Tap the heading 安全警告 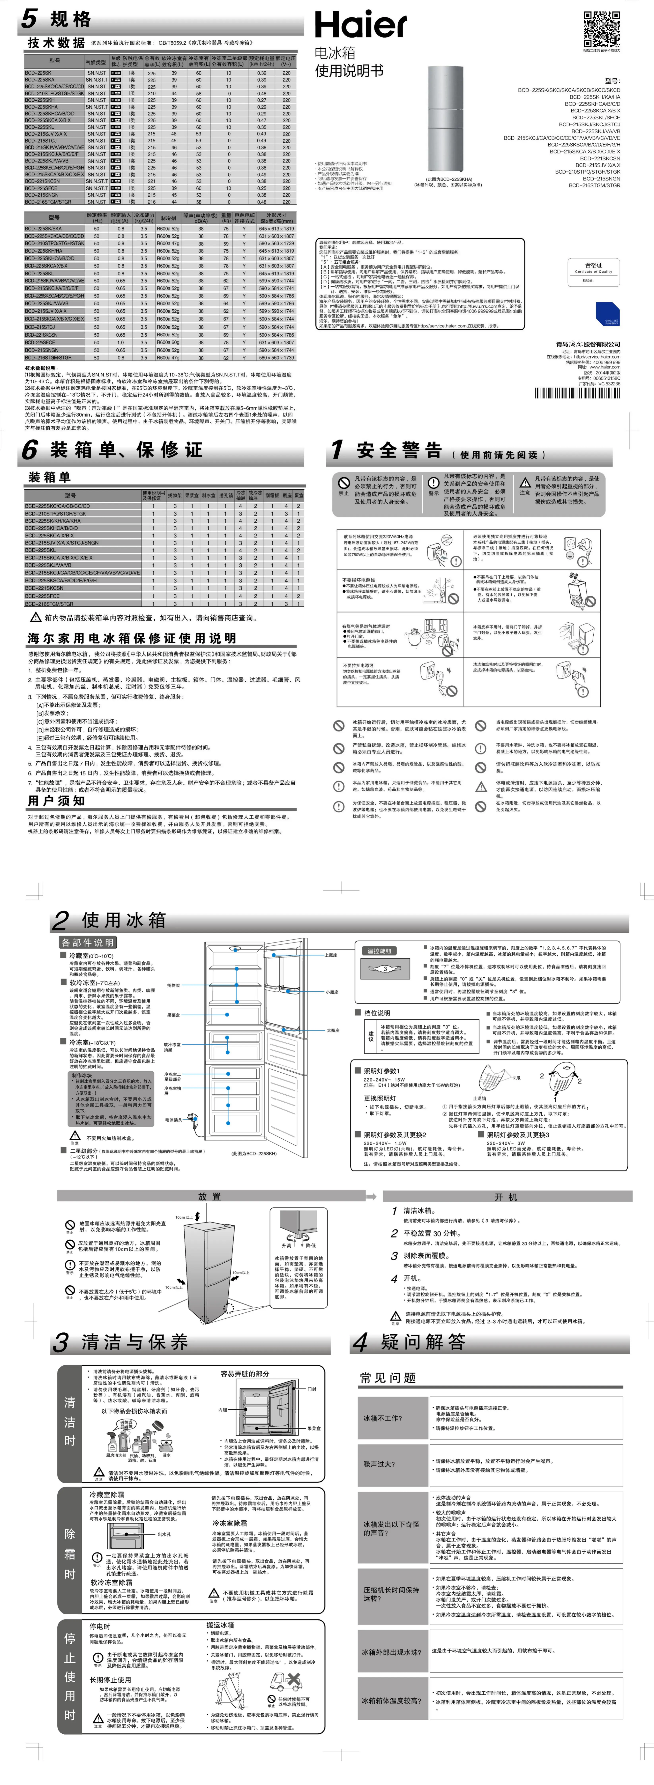tap(399, 451)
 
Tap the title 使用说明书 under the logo tap(349, 71)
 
